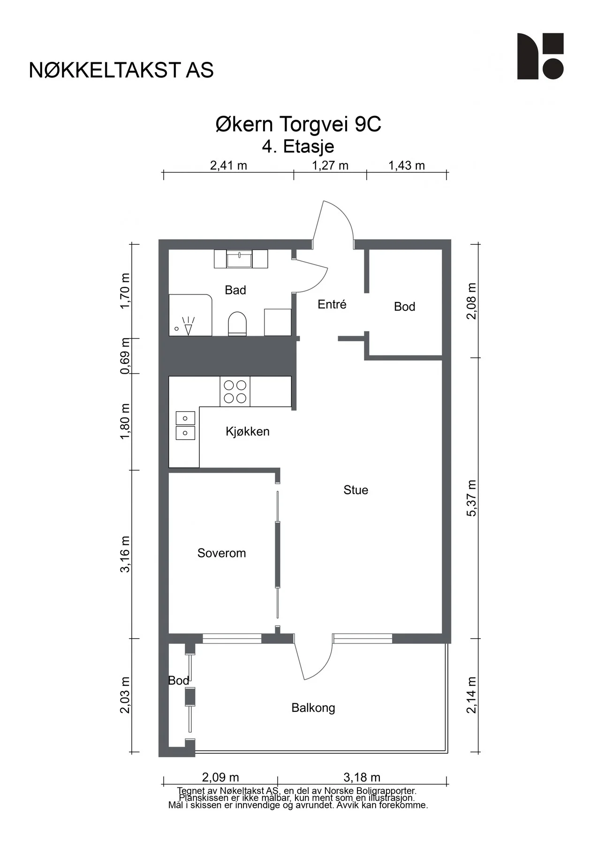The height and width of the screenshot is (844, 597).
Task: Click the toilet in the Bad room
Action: [237, 324]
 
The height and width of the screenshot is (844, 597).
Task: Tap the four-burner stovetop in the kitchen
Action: [235, 392]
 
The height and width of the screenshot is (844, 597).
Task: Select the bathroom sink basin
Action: [239, 259]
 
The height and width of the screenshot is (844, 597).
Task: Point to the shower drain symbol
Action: [176, 329]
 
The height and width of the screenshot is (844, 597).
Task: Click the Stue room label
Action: [355, 490]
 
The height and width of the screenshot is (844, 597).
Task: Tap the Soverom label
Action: [221, 553]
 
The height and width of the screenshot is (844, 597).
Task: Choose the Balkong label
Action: [313, 708]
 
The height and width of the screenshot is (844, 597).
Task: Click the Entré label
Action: [332, 304]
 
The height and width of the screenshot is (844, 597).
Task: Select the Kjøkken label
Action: [248, 431]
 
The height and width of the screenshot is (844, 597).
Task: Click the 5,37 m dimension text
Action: [471, 498]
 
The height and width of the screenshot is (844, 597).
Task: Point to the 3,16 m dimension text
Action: [125, 554]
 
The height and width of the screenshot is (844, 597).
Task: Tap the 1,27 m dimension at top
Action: [330, 166]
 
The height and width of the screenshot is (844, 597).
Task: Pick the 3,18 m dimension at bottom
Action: [362, 777]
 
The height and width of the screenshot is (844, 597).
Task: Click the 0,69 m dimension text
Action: [125, 356]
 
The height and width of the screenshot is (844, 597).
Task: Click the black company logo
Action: [540, 56]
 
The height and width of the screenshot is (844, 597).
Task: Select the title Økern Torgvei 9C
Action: [298, 124]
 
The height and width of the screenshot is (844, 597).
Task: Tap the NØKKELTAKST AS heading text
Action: [121, 70]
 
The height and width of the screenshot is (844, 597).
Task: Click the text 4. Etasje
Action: [298, 146]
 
